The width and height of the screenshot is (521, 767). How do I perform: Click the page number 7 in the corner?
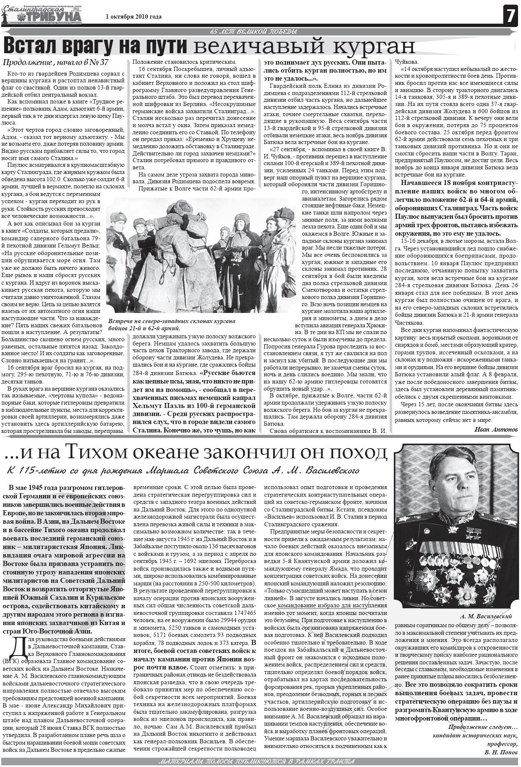tap(510, 16)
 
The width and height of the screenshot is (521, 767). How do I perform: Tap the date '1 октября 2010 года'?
tap(133, 17)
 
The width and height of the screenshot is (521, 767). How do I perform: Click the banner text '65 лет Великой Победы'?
tap(253, 32)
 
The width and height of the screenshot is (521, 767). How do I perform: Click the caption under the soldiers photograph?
tap(171, 324)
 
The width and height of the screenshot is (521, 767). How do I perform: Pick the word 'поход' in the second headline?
tap(358, 452)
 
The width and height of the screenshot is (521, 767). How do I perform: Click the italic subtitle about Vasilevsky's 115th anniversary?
tap(183, 471)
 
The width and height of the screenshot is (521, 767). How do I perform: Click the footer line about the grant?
tap(256, 762)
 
